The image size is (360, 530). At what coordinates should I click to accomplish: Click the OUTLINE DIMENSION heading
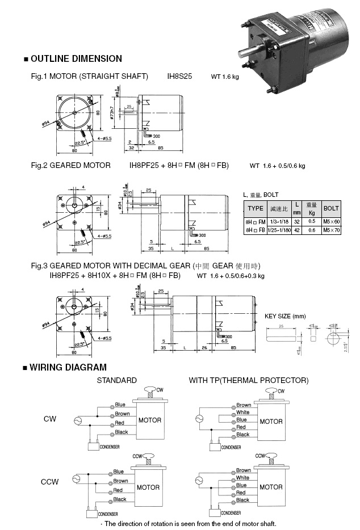tap(76, 58)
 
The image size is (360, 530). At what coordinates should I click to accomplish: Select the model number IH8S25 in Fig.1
tap(179, 75)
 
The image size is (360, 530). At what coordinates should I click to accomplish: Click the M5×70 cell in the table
tap(331, 230)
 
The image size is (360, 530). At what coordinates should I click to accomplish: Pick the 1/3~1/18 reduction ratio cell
tap(279, 221)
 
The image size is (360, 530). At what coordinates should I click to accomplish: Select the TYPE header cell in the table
tap(256, 208)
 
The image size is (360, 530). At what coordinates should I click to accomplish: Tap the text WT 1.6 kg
tap(225, 76)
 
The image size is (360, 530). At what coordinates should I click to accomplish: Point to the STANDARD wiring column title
tap(116, 380)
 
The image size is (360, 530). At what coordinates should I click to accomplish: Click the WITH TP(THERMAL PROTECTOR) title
tap(249, 380)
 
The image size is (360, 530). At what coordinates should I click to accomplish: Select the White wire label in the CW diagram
tap(243, 413)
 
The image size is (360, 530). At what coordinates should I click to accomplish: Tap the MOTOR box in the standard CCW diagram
tap(148, 487)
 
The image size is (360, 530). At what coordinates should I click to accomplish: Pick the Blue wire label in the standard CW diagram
tap(120, 405)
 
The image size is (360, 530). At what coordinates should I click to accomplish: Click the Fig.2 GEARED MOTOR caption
tap(71, 166)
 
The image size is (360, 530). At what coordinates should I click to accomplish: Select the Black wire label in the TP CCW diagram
tap(242, 500)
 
